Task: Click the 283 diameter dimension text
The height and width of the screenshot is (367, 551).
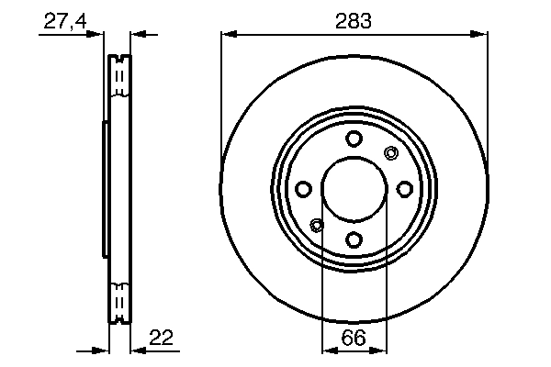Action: pos(354,20)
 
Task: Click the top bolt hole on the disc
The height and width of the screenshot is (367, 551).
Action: pos(354,139)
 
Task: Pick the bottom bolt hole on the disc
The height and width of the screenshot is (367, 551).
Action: pos(354,239)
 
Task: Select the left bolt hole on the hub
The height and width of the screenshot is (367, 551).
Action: pos(303,189)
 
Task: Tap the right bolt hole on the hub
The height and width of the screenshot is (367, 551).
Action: pos(405,189)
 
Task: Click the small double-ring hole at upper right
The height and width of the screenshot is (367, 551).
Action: pos(390,153)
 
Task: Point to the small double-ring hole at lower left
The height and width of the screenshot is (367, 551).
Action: pos(318,225)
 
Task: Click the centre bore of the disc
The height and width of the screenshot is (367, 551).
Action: pos(354,189)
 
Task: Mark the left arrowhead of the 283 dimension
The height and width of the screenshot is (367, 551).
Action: pos(228,35)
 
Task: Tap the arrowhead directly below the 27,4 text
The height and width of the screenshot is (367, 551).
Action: pos(98,35)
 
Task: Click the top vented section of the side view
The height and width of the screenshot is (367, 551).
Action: pos(117,77)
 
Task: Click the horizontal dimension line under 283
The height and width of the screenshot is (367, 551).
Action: pos(354,35)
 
